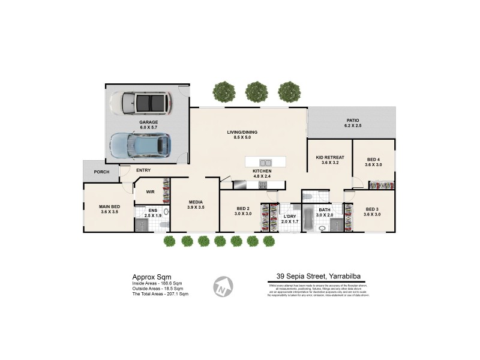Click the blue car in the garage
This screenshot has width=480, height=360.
(140, 145)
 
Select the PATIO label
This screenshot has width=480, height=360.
(352, 120)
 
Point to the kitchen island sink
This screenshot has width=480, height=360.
(265, 163)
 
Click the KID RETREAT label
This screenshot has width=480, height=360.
(330, 157)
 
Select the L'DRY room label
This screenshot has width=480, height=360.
(290, 216)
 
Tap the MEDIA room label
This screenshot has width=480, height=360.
(196, 202)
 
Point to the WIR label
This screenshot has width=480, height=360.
(151, 193)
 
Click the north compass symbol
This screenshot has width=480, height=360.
(223, 286)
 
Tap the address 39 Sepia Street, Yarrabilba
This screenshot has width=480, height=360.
(318, 276)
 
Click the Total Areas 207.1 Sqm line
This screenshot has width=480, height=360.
(160, 294)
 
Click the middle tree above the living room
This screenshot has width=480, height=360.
(256, 92)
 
